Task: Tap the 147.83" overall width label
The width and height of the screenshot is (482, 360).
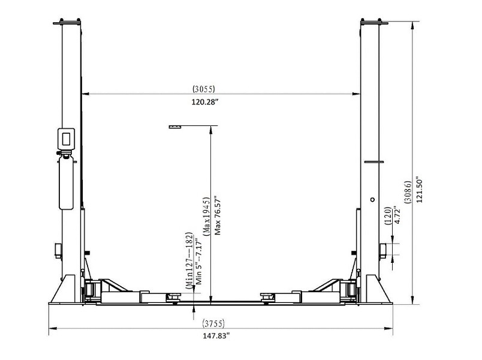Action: coord(218,335)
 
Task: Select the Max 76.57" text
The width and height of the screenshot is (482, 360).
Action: coord(218,214)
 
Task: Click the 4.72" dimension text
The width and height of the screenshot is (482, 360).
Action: coord(398,217)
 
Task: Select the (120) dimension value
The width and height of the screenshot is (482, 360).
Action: coord(388,217)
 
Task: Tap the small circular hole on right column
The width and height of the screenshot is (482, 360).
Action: coord(372,200)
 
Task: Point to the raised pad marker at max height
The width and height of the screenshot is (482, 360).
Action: coord(175,127)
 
